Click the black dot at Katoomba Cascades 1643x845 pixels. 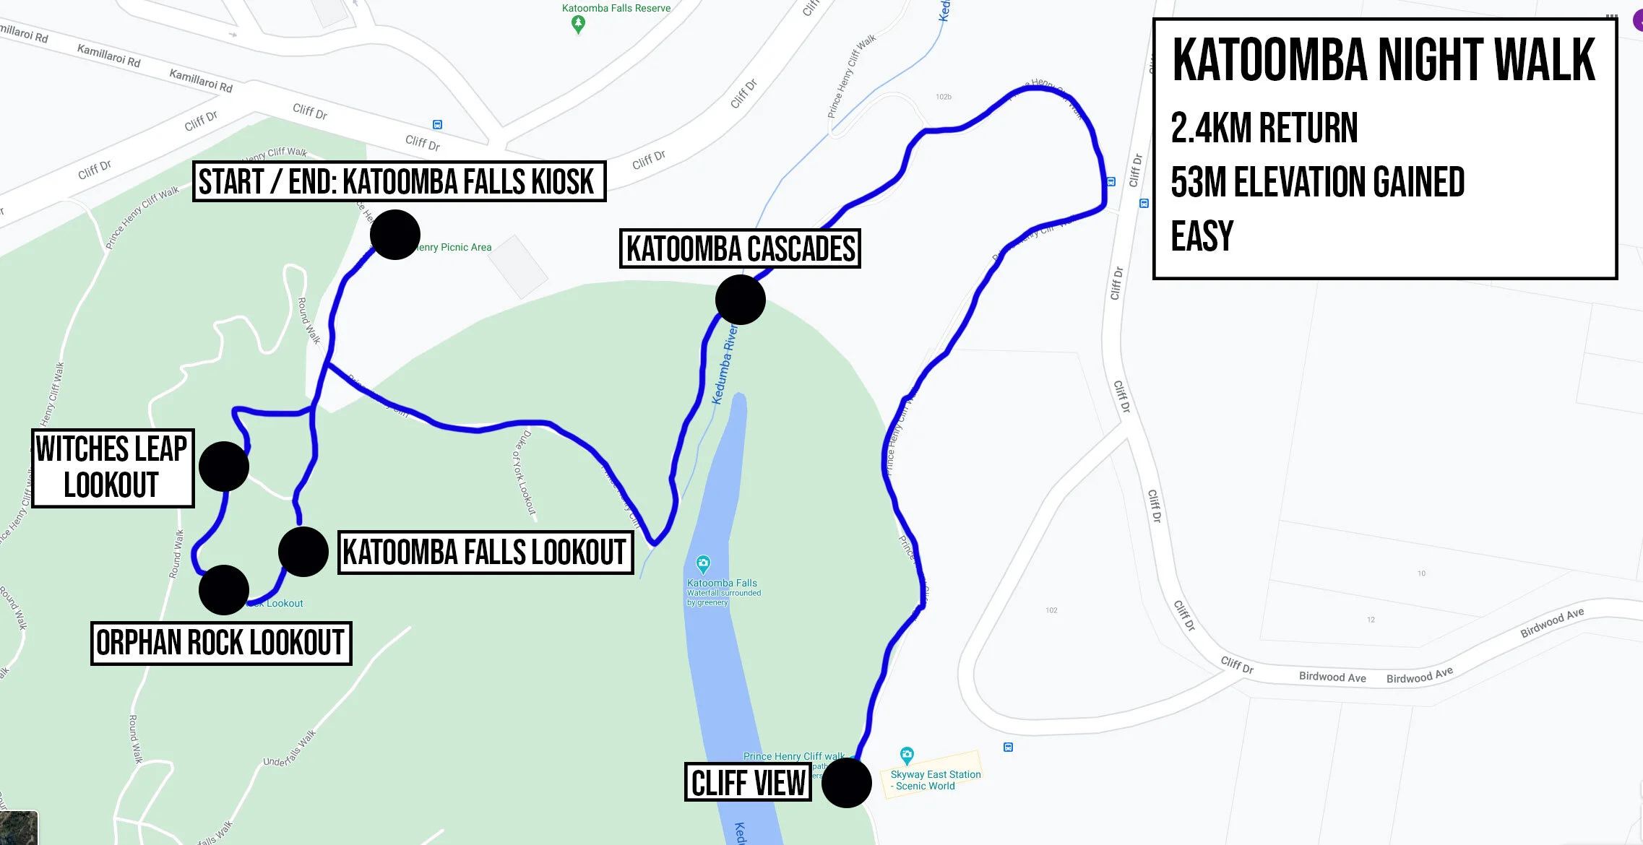(740, 300)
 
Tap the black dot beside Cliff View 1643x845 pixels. (846, 783)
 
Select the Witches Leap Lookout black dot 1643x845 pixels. (224, 467)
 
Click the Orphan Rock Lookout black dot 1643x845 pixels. (224, 590)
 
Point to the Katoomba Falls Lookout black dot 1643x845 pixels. (303, 552)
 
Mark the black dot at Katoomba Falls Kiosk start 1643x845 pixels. (395, 235)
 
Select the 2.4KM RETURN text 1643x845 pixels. (1264, 129)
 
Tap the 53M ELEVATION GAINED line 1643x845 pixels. (1317, 182)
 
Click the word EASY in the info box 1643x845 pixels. (1202, 236)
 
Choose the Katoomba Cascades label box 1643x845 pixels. (740, 248)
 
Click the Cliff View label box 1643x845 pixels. (748, 782)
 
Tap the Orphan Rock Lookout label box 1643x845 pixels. (220, 643)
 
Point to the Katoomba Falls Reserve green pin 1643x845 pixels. (578, 24)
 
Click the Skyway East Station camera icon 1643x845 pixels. (907, 755)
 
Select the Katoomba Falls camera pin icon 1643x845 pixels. (703, 564)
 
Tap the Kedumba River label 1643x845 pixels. (725, 365)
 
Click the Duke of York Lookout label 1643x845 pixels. (525, 473)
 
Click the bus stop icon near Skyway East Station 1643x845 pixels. (1008, 747)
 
